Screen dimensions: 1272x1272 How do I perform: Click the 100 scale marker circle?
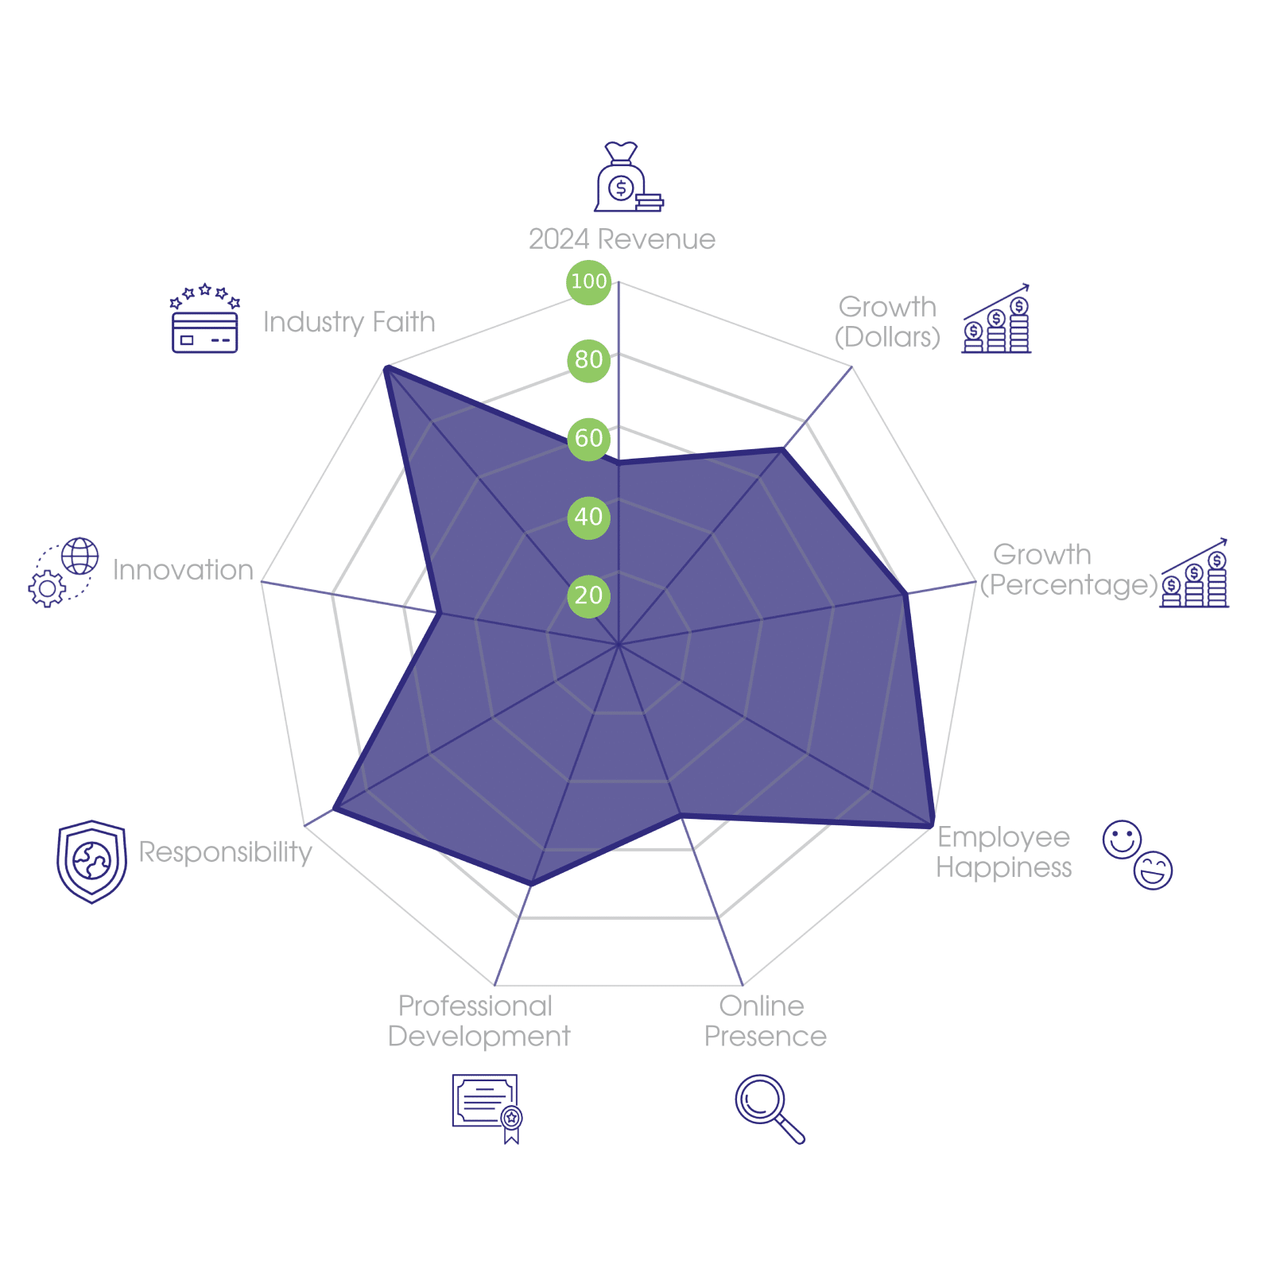[x=588, y=281]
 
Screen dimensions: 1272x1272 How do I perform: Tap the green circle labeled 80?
[x=588, y=359]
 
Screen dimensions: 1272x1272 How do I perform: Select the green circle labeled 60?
[x=588, y=438]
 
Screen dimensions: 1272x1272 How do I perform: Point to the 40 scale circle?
[x=588, y=517]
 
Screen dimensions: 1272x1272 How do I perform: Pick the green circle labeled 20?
[x=588, y=595]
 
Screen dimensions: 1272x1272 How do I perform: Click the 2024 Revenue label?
[x=622, y=239]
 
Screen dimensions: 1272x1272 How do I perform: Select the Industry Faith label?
[x=349, y=322]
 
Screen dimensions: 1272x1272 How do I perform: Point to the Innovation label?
[x=183, y=570]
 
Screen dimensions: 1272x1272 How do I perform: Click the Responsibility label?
[x=225, y=852]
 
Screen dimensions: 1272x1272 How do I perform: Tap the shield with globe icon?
[x=91, y=862]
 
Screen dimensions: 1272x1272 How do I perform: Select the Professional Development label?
[x=479, y=1022]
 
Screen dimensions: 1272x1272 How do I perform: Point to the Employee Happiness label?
[x=1003, y=852]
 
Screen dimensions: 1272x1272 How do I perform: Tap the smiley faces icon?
[x=1138, y=855]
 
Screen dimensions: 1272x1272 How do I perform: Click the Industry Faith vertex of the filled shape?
[x=385, y=366]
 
